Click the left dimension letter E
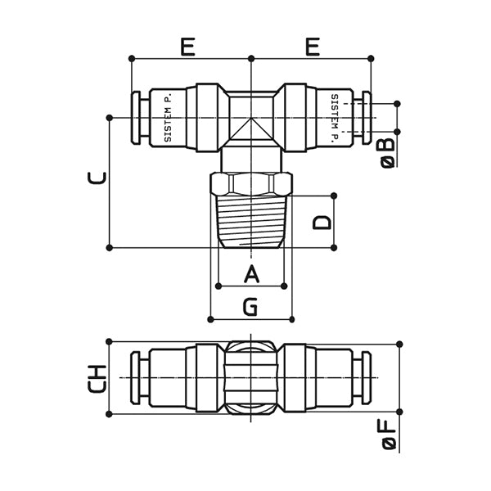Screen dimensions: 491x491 187,47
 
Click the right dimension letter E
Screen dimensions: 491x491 312,47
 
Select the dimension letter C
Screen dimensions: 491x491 97,178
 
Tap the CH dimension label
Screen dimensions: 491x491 97,378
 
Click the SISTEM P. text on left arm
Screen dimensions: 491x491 167,119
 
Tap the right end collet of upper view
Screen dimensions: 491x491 364,118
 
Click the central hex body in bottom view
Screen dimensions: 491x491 250,378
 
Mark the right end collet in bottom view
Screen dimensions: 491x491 364,377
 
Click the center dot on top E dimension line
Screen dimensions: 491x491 250,58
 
